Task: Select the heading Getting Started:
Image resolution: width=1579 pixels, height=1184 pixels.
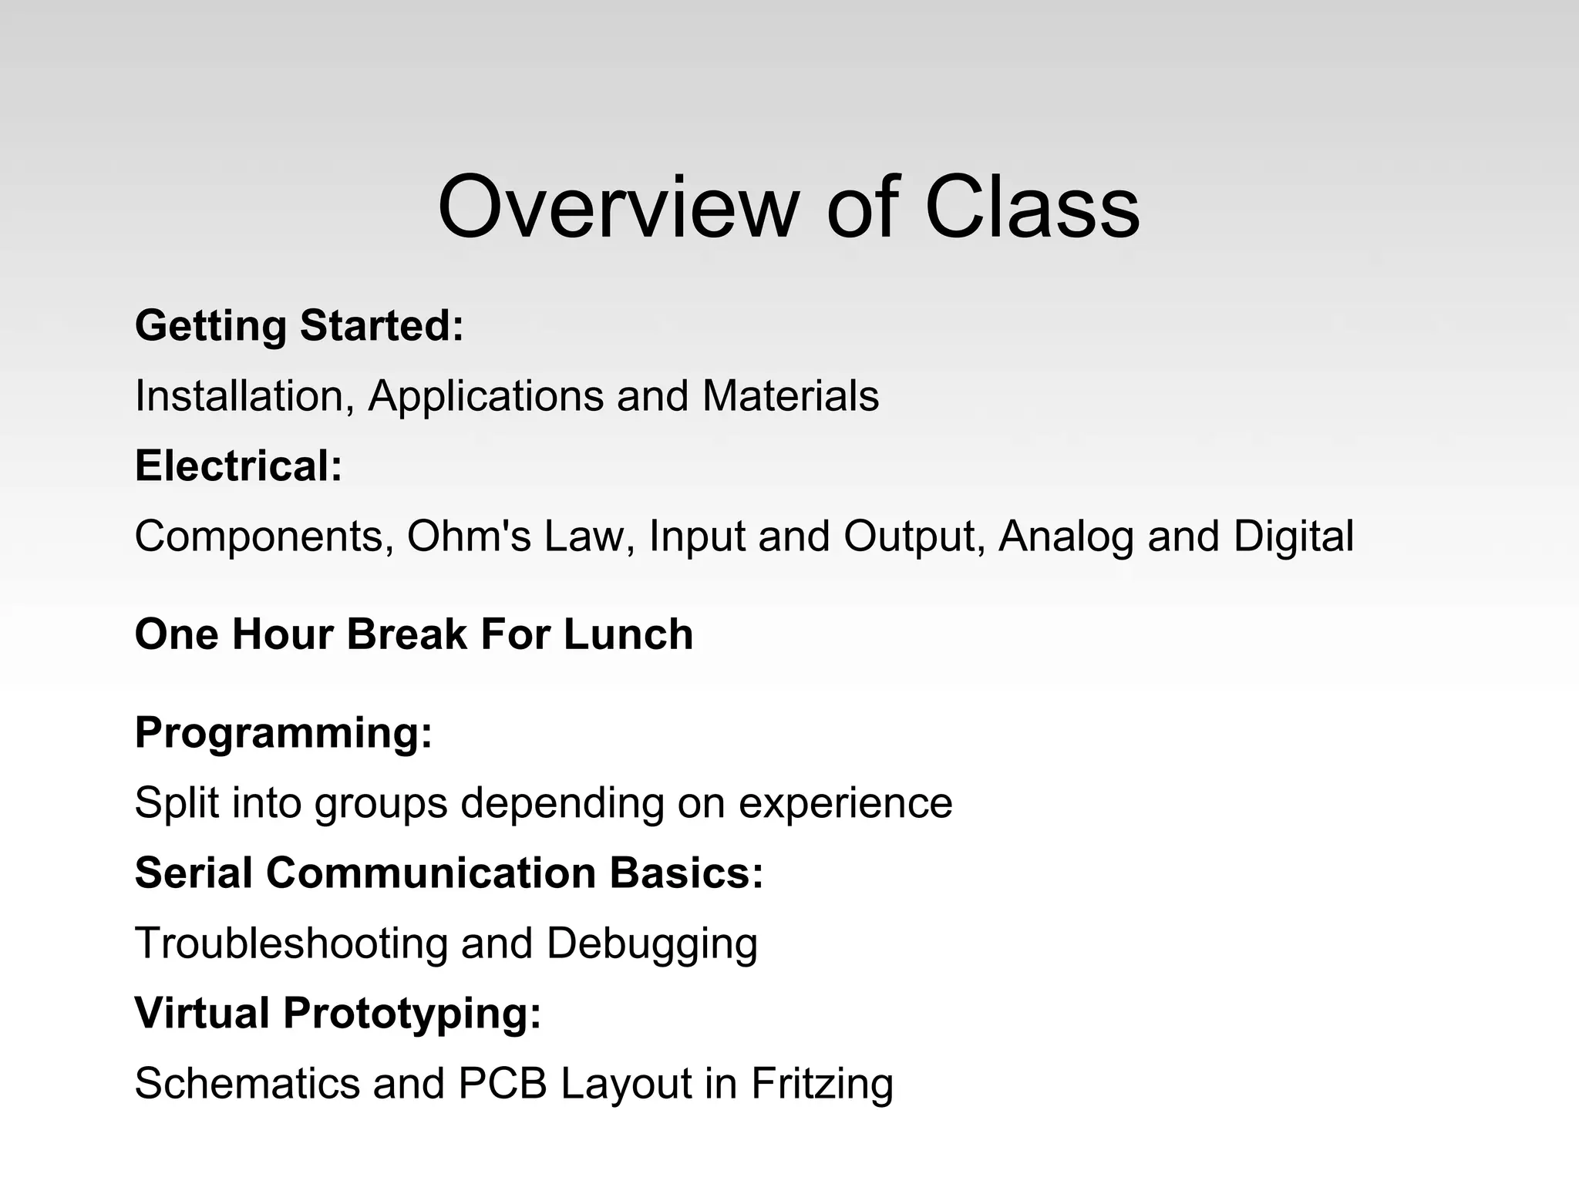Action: pyautogui.click(x=299, y=325)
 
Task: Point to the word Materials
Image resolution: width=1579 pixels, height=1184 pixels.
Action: pyautogui.click(x=790, y=396)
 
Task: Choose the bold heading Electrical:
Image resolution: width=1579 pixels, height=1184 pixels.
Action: pyautogui.click(x=238, y=466)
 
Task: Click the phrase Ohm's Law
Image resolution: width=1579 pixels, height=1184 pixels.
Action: pyautogui.click(x=520, y=536)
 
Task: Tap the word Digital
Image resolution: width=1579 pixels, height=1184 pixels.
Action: pyautogui.click(x=1293, y=536)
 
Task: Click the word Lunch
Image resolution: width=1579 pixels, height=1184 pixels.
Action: pyautogui.click(x=628, y=634)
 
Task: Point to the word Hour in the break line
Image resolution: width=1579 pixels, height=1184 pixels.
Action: pyautogui.click(x=281, y=634)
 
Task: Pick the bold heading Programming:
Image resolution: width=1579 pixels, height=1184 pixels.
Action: pyautogui.click(x=283, y=732)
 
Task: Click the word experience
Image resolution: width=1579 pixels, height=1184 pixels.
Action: pyautogui.click(x=845, y=803)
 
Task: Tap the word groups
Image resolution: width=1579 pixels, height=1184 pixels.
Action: pyautogui.click(x=381, y=803)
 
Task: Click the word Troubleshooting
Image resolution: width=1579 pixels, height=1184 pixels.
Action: pyautogui.click(x=291, y=943)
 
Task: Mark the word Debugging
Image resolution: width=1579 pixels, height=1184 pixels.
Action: pyautogui.click(x=651, y=943)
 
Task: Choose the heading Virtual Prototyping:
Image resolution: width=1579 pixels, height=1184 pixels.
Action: pyautogui.click(x=338, y=1013)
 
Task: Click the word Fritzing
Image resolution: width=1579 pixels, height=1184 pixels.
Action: pyautogui.click(x=822, y=1083)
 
